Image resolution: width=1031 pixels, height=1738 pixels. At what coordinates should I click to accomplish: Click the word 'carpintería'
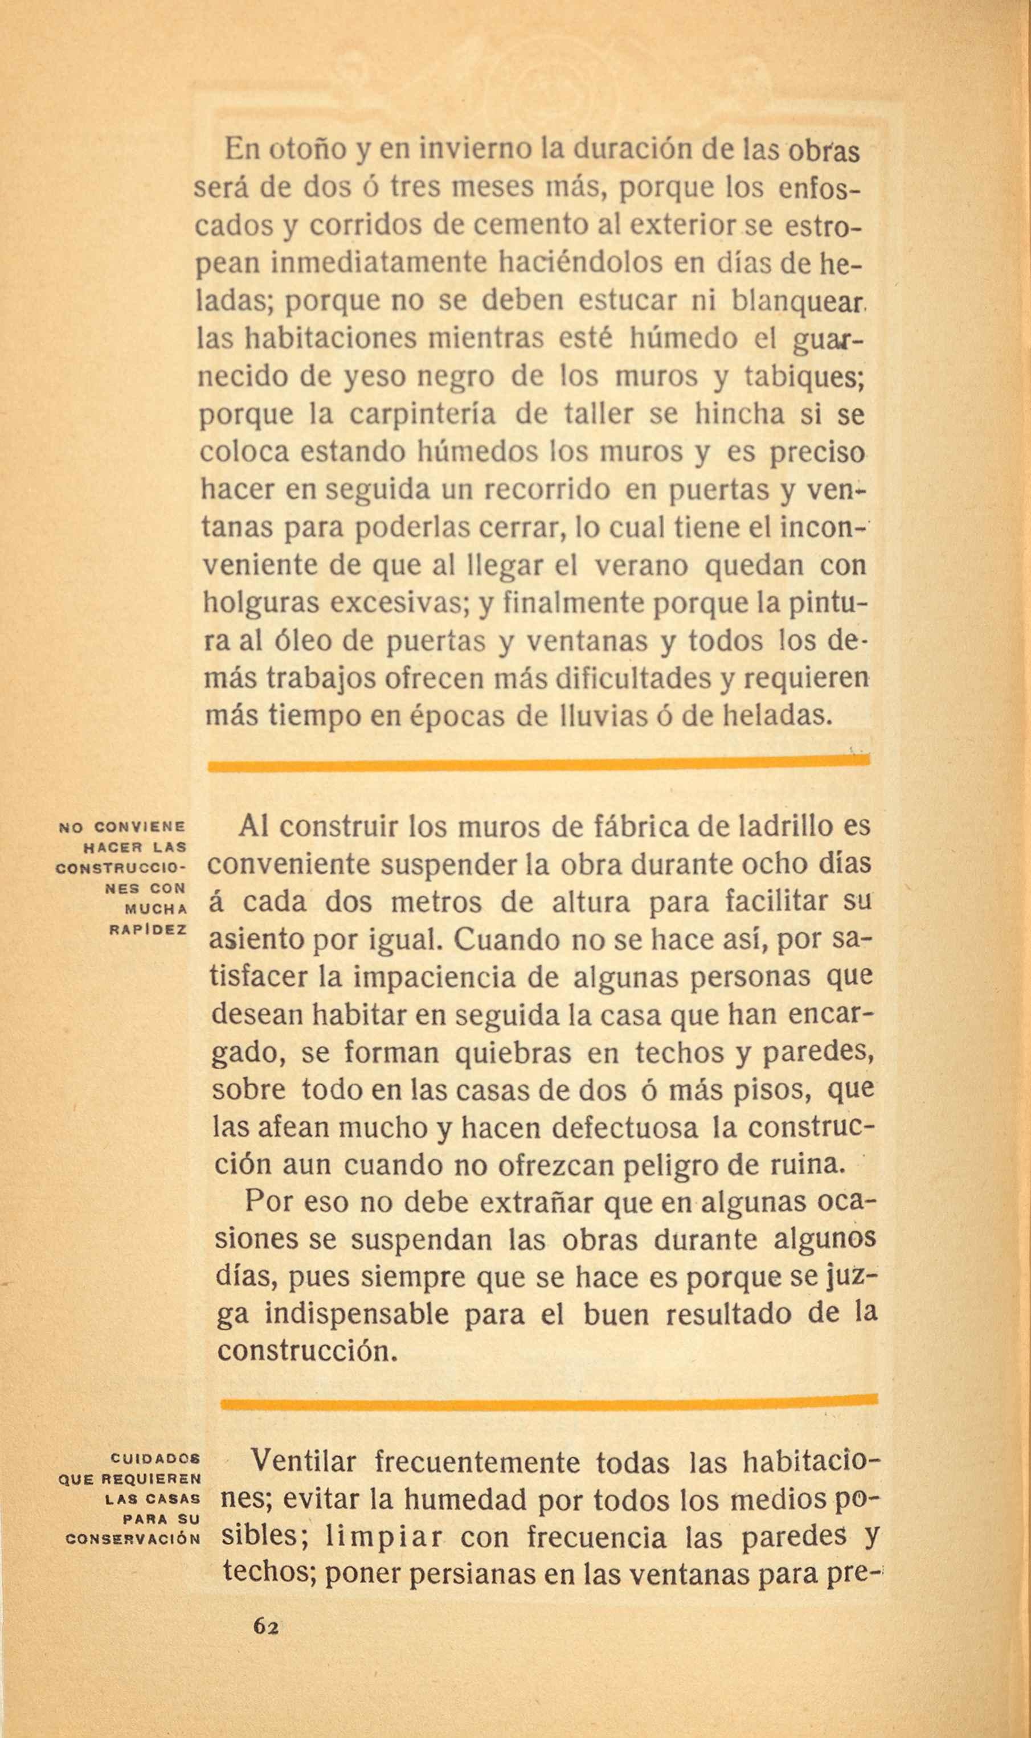click(x=423, y=415)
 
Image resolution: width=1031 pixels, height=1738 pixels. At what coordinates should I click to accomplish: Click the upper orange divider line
click(x=538, y=764)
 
